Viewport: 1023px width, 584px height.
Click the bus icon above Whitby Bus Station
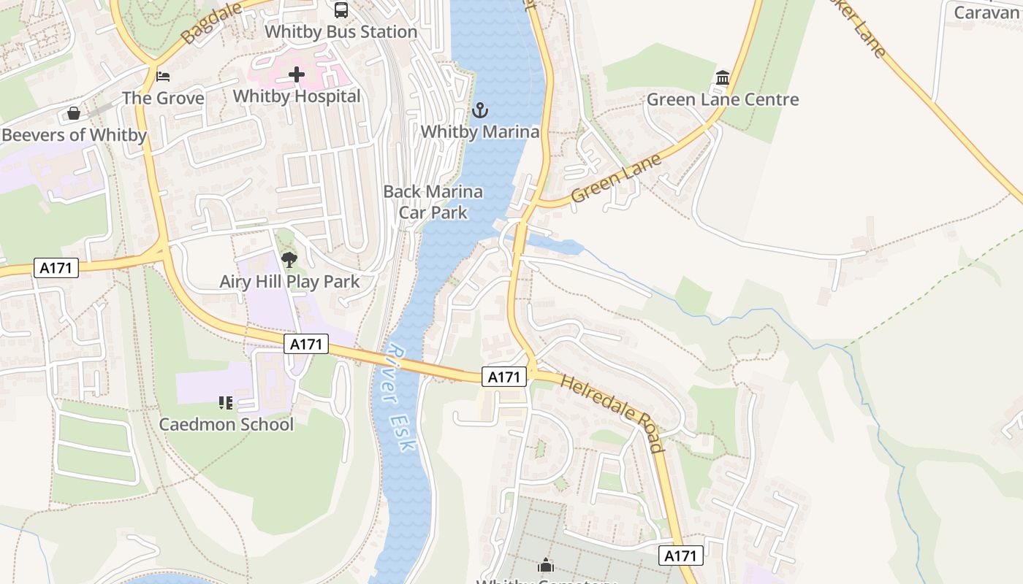click(x=341, y=9)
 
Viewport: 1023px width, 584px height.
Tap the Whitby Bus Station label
click(x=341, y=32)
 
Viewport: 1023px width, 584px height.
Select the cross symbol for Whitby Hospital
click(x=297, y=74)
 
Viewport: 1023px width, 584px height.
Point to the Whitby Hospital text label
click(x=297, y=96)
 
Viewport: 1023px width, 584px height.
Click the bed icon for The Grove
click(x=163, y=76)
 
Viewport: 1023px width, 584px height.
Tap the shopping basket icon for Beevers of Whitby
click(x=74, y=113)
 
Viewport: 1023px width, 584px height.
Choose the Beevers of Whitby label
click(x=74, y=135)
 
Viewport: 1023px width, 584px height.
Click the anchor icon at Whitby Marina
click(x=480, y=110)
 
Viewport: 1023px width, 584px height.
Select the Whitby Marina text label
click(x=480, y=132)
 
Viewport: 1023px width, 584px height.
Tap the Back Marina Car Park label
click(x=433, y=202)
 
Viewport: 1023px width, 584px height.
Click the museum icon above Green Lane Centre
click(x=723, y=77)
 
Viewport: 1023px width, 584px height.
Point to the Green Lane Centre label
click(x=723, y=100)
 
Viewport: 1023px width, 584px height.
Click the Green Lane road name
click(x=616, y=179)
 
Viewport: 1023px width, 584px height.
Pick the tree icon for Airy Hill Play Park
click(x=289, y=259)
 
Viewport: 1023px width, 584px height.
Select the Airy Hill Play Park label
click(x=289, y=282)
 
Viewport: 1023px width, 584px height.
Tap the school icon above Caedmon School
click(x=226, y=402)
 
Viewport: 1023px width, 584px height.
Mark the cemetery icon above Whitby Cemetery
click(x=546, y=565)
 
